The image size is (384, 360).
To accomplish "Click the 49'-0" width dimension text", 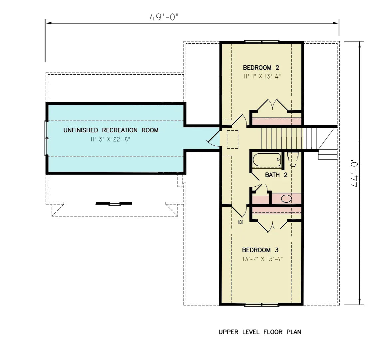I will click(x=164, y=17).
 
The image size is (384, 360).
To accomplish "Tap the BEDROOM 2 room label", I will click(x=261, y=68).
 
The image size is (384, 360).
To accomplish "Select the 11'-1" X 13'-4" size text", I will click(x=262, y=76).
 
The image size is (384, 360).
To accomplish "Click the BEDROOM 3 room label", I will click(x=260, y=250).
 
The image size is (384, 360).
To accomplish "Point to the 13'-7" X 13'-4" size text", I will click(x=263, y=259).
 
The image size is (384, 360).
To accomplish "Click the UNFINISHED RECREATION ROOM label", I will click(x=111, y=130).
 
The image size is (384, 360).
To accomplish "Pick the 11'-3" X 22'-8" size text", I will click(x=110, y=139).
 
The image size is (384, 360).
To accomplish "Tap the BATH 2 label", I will click(x=276, y=175).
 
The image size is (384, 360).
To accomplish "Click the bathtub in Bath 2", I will click(x=267, y=160).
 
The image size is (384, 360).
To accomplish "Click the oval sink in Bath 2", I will click(x=286, y=199).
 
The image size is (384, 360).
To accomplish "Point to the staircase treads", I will click(x=286, y=138).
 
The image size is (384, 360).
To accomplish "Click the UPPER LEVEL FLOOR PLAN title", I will click(x=260, y=332).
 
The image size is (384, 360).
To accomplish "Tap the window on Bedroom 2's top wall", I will click(x=262, y=42).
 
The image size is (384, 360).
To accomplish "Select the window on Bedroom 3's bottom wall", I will click(x=262, y=304).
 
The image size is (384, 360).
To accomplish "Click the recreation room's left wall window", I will click(x=47, y=138).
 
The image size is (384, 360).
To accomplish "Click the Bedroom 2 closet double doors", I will click(x=273, y=104).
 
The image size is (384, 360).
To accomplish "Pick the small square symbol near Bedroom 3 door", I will click(x=240, y=222).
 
